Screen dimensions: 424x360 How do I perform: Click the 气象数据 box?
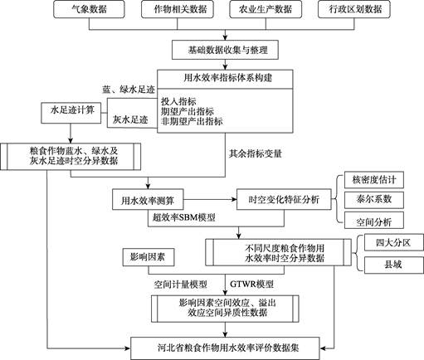pyautogui.click(x=89, y=9)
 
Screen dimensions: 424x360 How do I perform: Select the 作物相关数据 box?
pyautogui.click(x=178, y=9)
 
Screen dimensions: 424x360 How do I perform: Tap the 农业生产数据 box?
pyautogui.click(x=266, y=9)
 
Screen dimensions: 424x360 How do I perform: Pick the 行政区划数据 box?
pyautogui.click(x=354, y=9)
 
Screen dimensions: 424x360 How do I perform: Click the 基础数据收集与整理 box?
pyautogui.click(x=225, y=50)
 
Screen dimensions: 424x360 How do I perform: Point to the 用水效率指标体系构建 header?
pyautogui.click(x=225, y=79)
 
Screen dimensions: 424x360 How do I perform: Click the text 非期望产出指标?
pyautogui.click(x=192, y=121)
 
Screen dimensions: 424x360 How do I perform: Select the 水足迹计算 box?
pyautogui.click(x=71, y=113)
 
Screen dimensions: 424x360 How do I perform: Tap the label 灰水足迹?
pyautogui.click(x=130, y=119)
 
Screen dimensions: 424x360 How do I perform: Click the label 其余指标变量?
pyautogui.click(x=255, y=153)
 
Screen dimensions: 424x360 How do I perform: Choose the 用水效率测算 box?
pyautogui.click(x=148, y=199)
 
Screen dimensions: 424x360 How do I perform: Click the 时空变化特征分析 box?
pyautogui.click(x=284, y=199)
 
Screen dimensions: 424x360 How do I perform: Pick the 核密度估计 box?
pyautogui.click(x=374, y=180)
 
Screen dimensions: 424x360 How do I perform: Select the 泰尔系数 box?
pyautogui.click(x=374, y=199)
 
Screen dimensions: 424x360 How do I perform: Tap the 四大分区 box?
pyautogui.click(x=394, y=242)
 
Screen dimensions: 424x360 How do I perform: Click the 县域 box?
pyautogui.click(x=394, y=265)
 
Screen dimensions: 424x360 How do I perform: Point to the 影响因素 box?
pyautogui.click(x=149, y=257)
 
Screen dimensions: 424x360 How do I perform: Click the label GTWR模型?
pyautogui.click(x=251, y=284)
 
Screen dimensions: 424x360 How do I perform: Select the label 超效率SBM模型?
pyautogui.click(x=183, y=217)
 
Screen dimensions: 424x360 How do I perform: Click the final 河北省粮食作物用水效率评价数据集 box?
pyautogui.click(x=225, y=348)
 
